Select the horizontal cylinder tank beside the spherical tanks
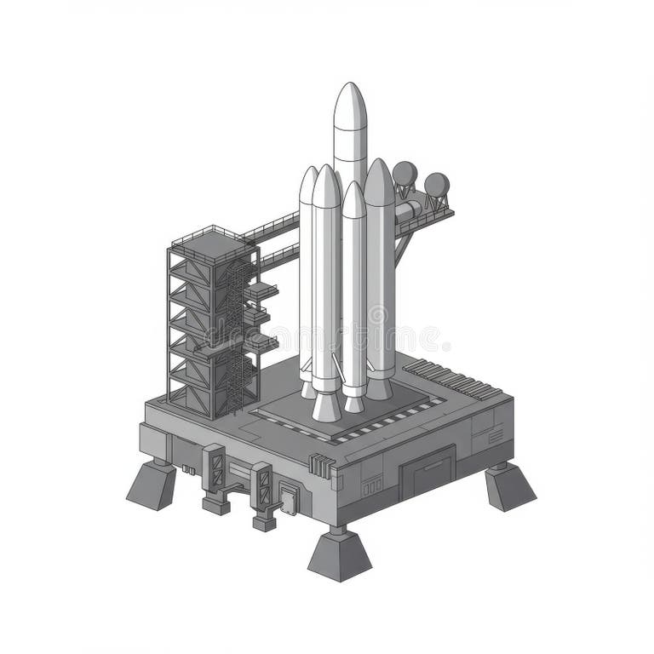(x=408, y=208)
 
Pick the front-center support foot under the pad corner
(x=339, y=555)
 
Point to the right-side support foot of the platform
(x=509, y=487)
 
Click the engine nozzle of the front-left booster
(x=325, y=406)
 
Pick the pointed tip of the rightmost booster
(x=379, y=169)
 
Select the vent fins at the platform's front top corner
(x=320, y=465)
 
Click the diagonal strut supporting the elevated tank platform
(x=402, y=247)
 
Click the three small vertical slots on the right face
(x=371, y=487)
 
